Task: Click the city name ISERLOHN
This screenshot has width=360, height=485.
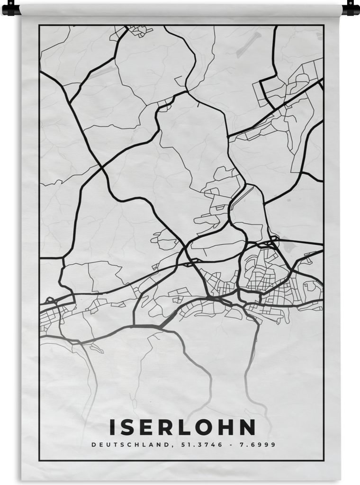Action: [182, 427]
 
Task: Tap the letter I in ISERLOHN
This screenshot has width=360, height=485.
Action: [112, 427]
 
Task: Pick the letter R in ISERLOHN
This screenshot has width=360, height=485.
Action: [165, 427]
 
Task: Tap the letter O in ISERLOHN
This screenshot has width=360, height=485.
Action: [204, 427]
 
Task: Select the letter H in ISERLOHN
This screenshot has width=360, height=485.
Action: [225, 427]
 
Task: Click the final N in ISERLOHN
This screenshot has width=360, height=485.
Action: [247, 427]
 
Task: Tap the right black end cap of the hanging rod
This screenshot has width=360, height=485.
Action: [350, 8]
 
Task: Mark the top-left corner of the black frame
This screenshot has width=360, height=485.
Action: [40, 25]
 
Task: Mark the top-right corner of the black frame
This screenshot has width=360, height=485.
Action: [324, 25]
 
